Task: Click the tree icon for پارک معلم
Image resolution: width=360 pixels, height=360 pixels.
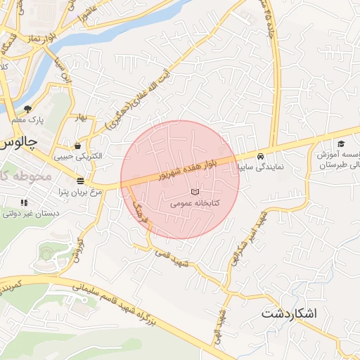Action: coord(27,109)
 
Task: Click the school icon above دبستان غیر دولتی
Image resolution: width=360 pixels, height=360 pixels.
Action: coord(25,203)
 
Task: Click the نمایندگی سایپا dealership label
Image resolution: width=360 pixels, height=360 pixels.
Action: coord(261,167)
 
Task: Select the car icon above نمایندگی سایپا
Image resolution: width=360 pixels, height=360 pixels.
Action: coord(261,156)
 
